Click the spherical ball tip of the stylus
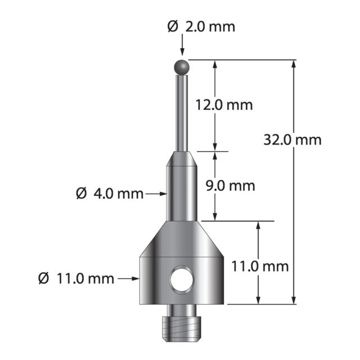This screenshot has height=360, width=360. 182,67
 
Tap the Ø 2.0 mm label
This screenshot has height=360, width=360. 201,27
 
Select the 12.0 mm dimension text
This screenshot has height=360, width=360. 224,105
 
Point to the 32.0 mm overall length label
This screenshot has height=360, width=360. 292,140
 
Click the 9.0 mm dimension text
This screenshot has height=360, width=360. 230,186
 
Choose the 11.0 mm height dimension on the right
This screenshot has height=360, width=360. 260,267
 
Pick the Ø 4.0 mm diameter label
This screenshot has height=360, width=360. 110,193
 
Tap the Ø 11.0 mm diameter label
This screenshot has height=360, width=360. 76,279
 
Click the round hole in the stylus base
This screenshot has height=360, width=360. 182,280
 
